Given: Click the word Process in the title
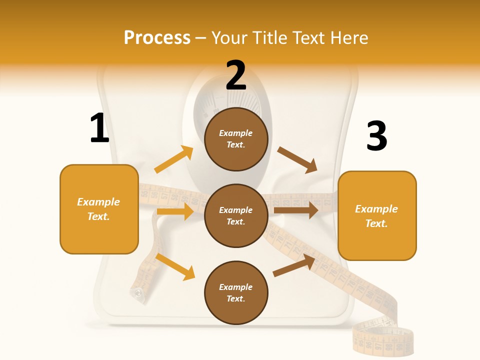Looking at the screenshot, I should [157, 37].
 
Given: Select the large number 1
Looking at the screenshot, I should [99, 128].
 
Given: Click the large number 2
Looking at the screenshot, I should [236, 75].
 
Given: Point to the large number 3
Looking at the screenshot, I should [376, 136].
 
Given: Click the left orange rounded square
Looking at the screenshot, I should [99, 209].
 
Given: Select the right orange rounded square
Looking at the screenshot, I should [377, 215].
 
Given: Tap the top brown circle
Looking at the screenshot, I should [236, 139].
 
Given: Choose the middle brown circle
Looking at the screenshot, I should [236, 215].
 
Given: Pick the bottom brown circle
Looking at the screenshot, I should [236, 292].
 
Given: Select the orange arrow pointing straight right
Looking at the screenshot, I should [175, 211].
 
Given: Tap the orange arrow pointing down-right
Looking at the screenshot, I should [175, 266].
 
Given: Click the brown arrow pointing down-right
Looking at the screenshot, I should [297, 160].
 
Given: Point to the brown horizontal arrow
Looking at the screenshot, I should [296, 210].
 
